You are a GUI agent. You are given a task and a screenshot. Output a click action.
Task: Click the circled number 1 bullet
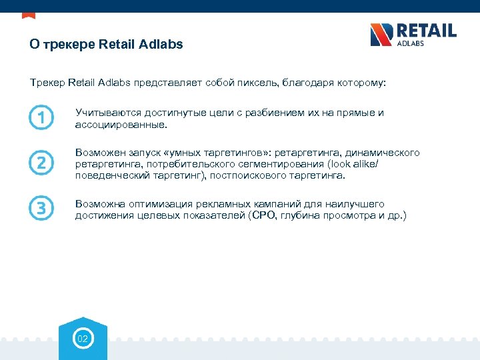click(41, 118)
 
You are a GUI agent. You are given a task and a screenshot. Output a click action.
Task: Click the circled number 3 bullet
click(41, 209)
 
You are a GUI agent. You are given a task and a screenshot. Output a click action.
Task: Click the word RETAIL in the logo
click(427, 31)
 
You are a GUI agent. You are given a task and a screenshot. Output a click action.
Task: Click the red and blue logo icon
click(381, 35)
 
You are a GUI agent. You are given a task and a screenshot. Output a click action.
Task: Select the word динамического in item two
click(382, 153)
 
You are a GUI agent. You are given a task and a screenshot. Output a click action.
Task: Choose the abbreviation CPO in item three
click(261, 215)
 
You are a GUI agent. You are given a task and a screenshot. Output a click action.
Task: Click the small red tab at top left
click(29, 15)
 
